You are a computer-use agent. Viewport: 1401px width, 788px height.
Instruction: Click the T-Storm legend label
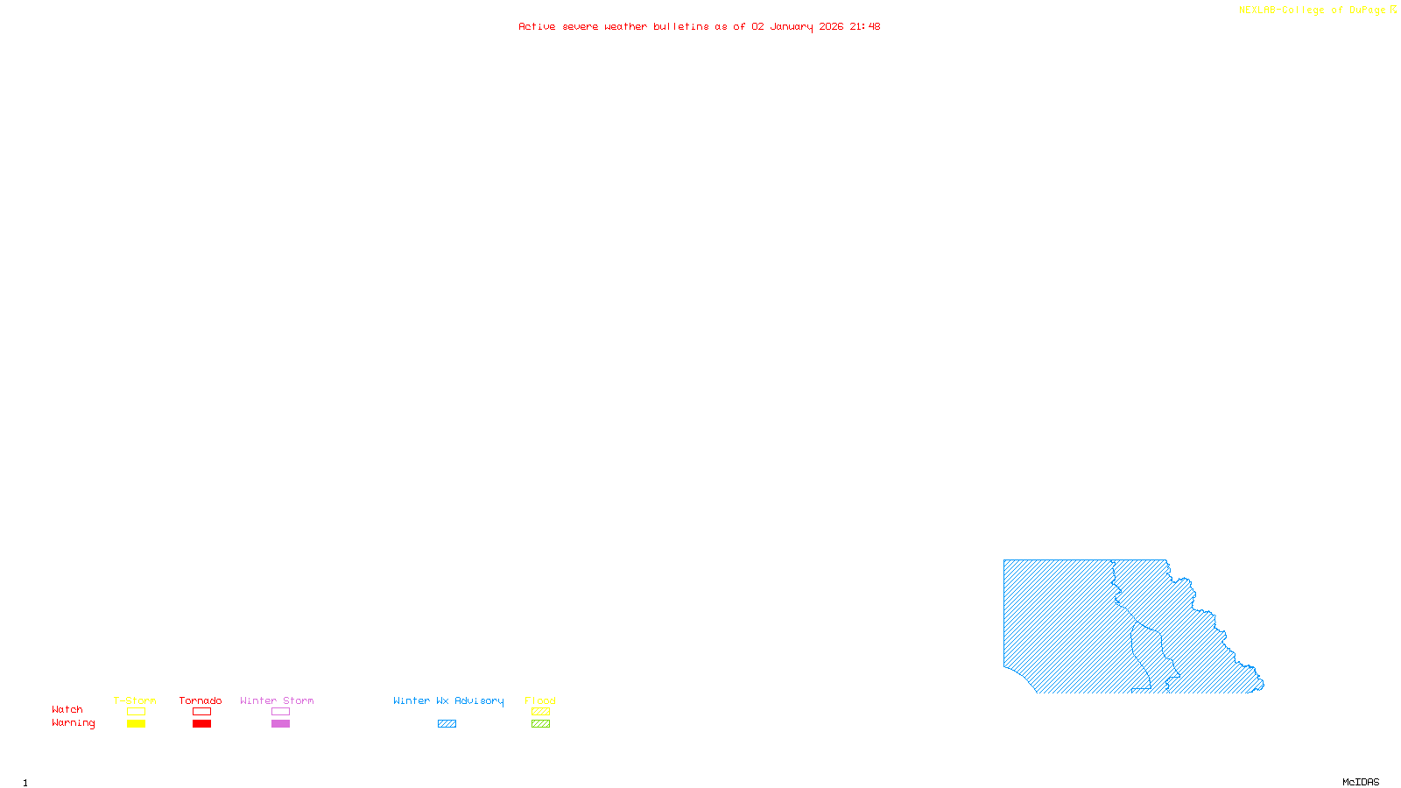pyautogui.click(x=135, y=700)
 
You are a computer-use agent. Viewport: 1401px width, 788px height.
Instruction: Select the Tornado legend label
pyautogui.click(x=201, y=700)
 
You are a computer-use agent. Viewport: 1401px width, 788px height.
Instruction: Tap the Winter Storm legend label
pyautogui.click(x=277, y=700)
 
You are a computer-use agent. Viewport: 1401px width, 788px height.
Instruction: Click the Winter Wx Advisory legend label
pyautogui.click(x=448, y=700)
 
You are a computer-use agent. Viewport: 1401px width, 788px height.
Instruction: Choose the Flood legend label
pyautogui.click(x=540, y=700)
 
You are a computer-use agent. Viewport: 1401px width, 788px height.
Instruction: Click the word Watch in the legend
pyautogui.click(x=67, y=710)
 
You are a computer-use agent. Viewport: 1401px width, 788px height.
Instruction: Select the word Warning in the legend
pyautogui.click(x=74, y=723)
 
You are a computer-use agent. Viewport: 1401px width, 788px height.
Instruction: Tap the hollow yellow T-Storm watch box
pyautogui.click(x=136, y=712)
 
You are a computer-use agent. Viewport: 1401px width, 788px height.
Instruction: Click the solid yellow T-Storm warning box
pyautogui.click(x=136, y=724)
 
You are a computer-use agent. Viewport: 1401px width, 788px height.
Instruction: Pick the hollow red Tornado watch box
pyautogui.click(x=202, y=712)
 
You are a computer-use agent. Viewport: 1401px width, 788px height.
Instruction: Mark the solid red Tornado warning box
pyautogui.click(x=202, y=724)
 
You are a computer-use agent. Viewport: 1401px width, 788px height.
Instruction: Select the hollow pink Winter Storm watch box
pyautogui.click(x=280, y=712)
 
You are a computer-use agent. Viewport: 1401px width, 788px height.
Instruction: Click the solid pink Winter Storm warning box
pyautogui.click(x=280, y=724)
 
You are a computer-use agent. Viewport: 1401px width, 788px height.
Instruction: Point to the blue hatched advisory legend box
pyautogui.click(x=447, y=724)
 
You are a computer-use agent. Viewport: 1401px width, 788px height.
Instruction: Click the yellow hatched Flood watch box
pyautogui.click(x=540, y=712)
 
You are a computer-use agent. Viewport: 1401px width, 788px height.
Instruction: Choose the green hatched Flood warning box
pyautogui.click(x=540, y=724)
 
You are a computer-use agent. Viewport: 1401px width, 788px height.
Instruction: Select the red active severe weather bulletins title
pyautogui.click(x=699, y=26)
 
